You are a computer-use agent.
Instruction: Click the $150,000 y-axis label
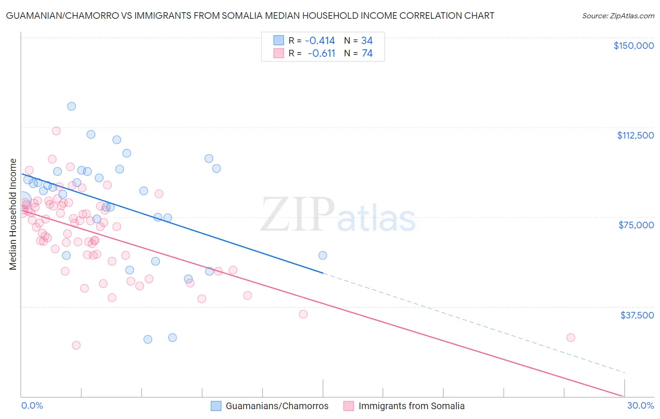(x=633, y=46)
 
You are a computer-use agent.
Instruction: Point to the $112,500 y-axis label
(x=635, y=135)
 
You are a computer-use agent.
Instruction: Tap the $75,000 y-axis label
(x=636, y=225)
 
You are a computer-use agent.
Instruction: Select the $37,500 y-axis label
(x=637, y=315)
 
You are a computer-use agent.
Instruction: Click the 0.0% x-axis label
(x=32, y=406)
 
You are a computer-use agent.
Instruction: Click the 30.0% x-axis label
(x=640, y=406)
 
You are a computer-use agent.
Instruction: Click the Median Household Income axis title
(x=13, y=214)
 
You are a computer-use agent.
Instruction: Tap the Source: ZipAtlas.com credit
(x=618, y=16)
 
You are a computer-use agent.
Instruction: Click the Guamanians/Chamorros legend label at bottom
(x=277, y=406)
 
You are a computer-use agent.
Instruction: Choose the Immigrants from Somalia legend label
(x=411, y=406)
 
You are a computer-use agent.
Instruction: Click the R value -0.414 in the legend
(x=320, y=40)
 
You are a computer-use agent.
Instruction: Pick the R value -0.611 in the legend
(x=321, y=54)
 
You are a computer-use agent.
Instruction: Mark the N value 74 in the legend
(x=367, y=54)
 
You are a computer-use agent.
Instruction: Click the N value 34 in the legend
(x=367, y=40)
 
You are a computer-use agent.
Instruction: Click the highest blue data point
(x=71, y=106)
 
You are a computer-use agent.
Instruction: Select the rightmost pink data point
(x=571, y=338)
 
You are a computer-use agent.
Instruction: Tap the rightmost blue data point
(x=322, y=256)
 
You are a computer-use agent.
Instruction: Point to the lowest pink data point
(x=76, y=345)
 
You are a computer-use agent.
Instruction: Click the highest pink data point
(x=56, y=131)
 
